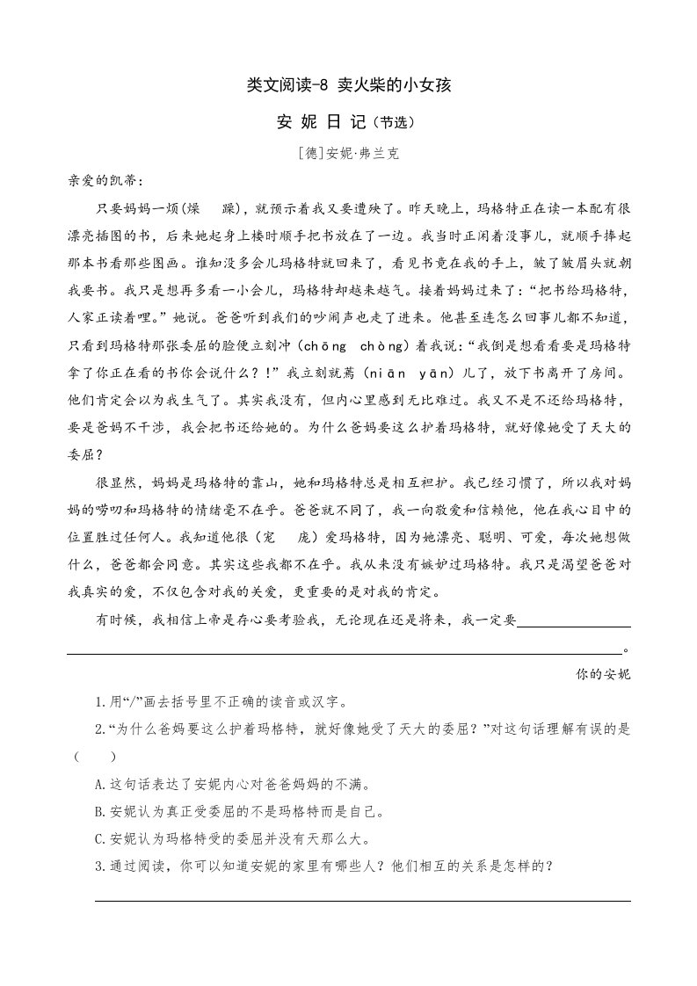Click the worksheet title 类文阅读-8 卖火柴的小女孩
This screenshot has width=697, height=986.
coord(349,85)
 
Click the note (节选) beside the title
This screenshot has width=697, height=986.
coord(394,123)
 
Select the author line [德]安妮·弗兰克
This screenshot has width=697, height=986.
coord(349,152)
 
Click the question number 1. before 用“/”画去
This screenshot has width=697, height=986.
coord(102,702)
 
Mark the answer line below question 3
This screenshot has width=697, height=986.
coord(362,899)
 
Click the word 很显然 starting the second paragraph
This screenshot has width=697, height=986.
coord(115,482)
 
